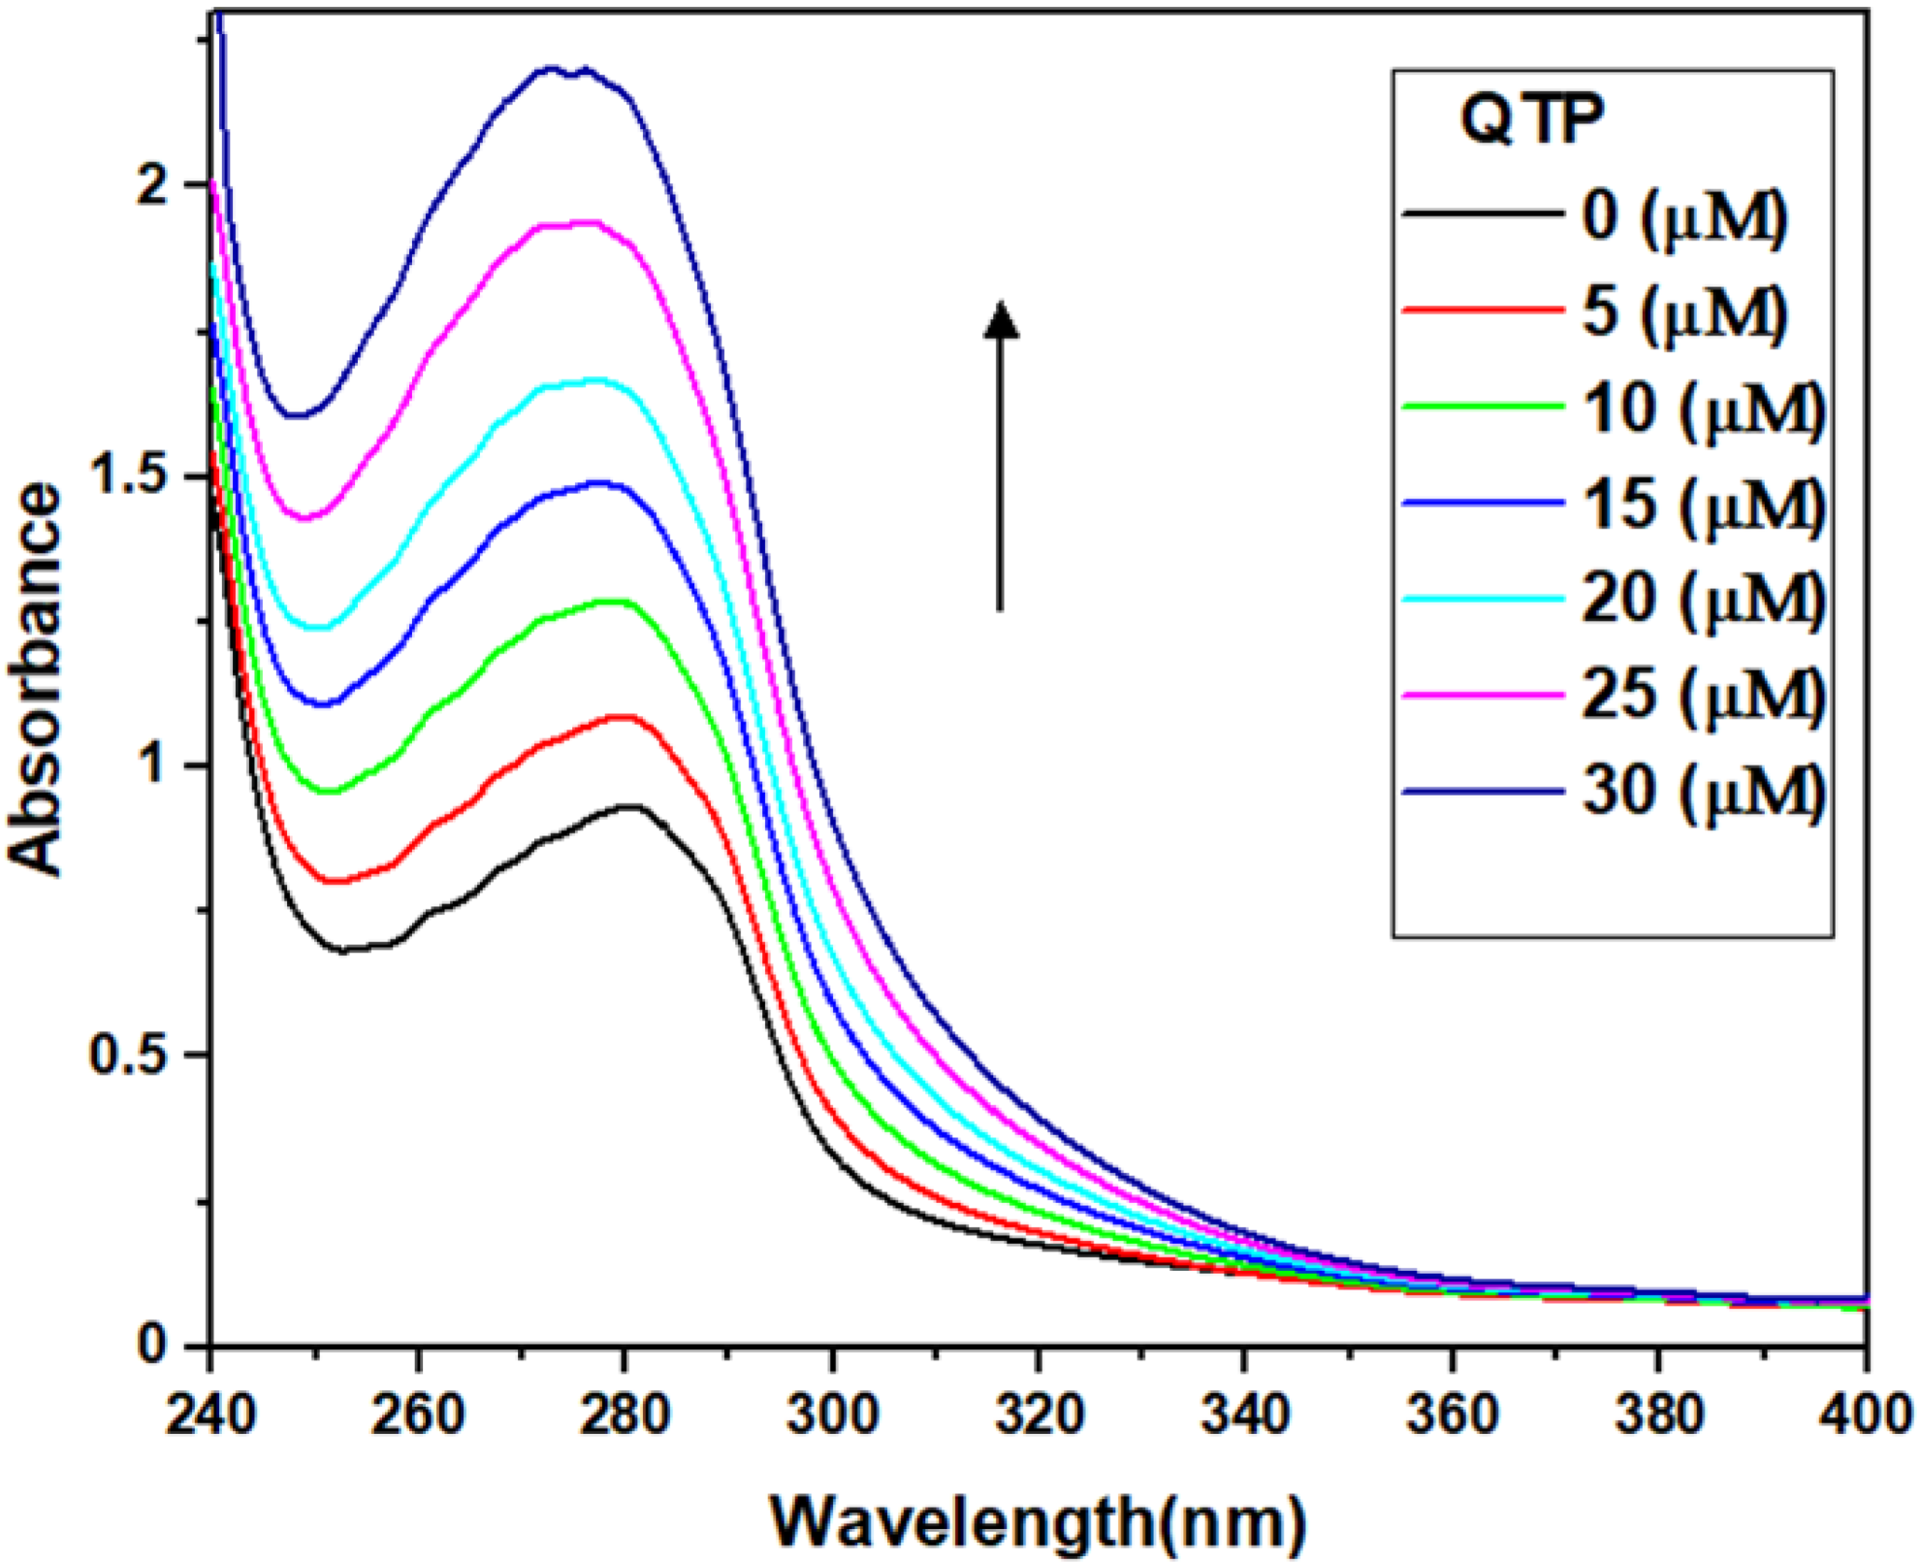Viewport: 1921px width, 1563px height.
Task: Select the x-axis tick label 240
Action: point(210,1416)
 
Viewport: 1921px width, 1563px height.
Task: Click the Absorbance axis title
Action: point(37,679)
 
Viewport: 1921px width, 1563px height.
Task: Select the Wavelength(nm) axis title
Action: point(1038,1521)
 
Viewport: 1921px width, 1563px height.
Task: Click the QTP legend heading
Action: point(1532,121)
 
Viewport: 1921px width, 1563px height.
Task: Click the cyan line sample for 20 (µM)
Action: point(1484,599)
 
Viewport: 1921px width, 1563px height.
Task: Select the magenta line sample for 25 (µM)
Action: point(1484,695)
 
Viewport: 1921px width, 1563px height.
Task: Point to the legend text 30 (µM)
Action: point(1703,791)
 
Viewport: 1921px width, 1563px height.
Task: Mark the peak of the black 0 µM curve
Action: point(630,806)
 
